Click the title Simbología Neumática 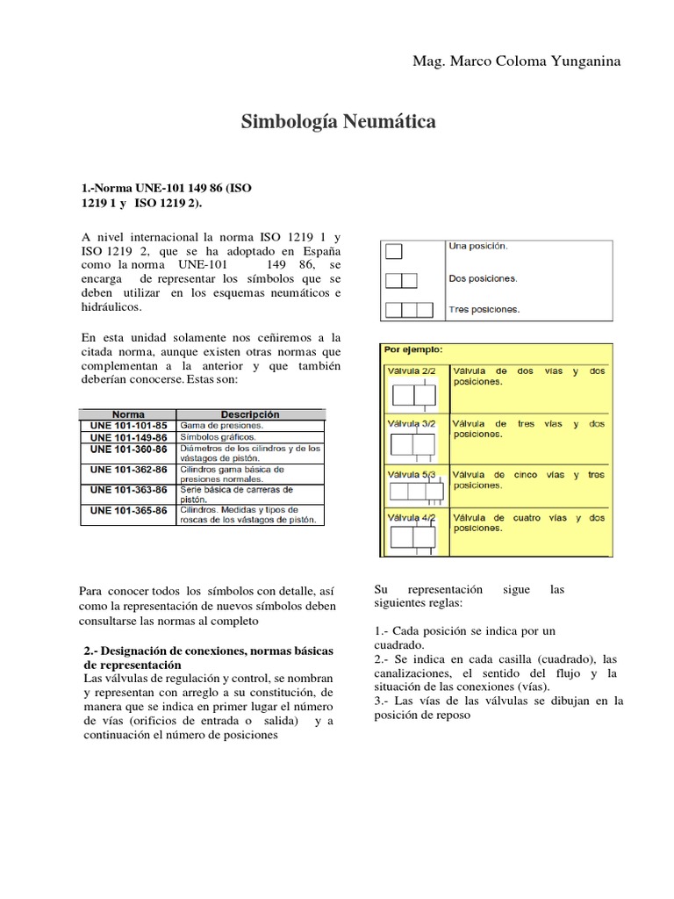click(x=338, y=122)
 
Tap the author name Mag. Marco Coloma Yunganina click(x=516, y=61)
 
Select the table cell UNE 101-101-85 click(x=128, y=425)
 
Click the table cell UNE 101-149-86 click(x=128, y=436)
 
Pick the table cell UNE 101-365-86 click(x=128, y=510)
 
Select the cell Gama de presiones click(x=221, y=425)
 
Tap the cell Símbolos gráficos click(x=218, y=436)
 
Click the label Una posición click(x=477, y=247)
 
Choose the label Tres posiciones click(x=483, y=310)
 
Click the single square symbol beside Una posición click(x=394, y=252)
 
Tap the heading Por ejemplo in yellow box click(x=413, y=349)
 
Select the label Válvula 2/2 click(x=411, y=371)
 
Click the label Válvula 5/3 click(x=411, y=475)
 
